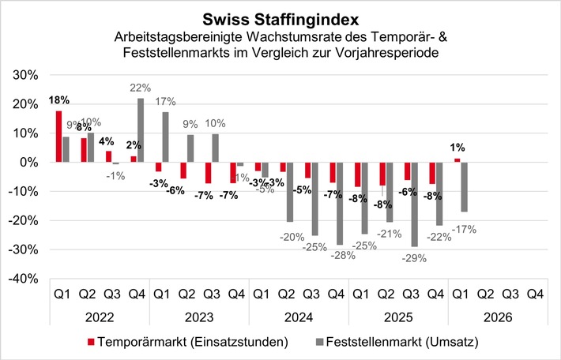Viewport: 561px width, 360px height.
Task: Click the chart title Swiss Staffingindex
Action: click(x=280, y=17)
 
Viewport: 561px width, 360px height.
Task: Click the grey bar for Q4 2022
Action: click(x=140, y=130)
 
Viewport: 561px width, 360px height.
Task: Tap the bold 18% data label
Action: click(x=58, y=100)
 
